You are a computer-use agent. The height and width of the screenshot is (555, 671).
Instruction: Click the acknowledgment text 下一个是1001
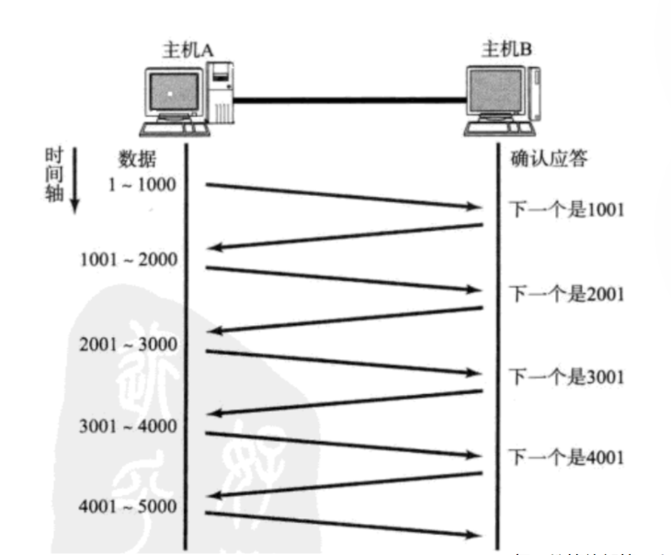[x=566, y=209]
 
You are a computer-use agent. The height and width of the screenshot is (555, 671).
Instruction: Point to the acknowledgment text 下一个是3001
[x=566, y=377]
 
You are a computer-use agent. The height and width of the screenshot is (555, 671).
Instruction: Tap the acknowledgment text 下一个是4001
[x=566, y=457]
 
